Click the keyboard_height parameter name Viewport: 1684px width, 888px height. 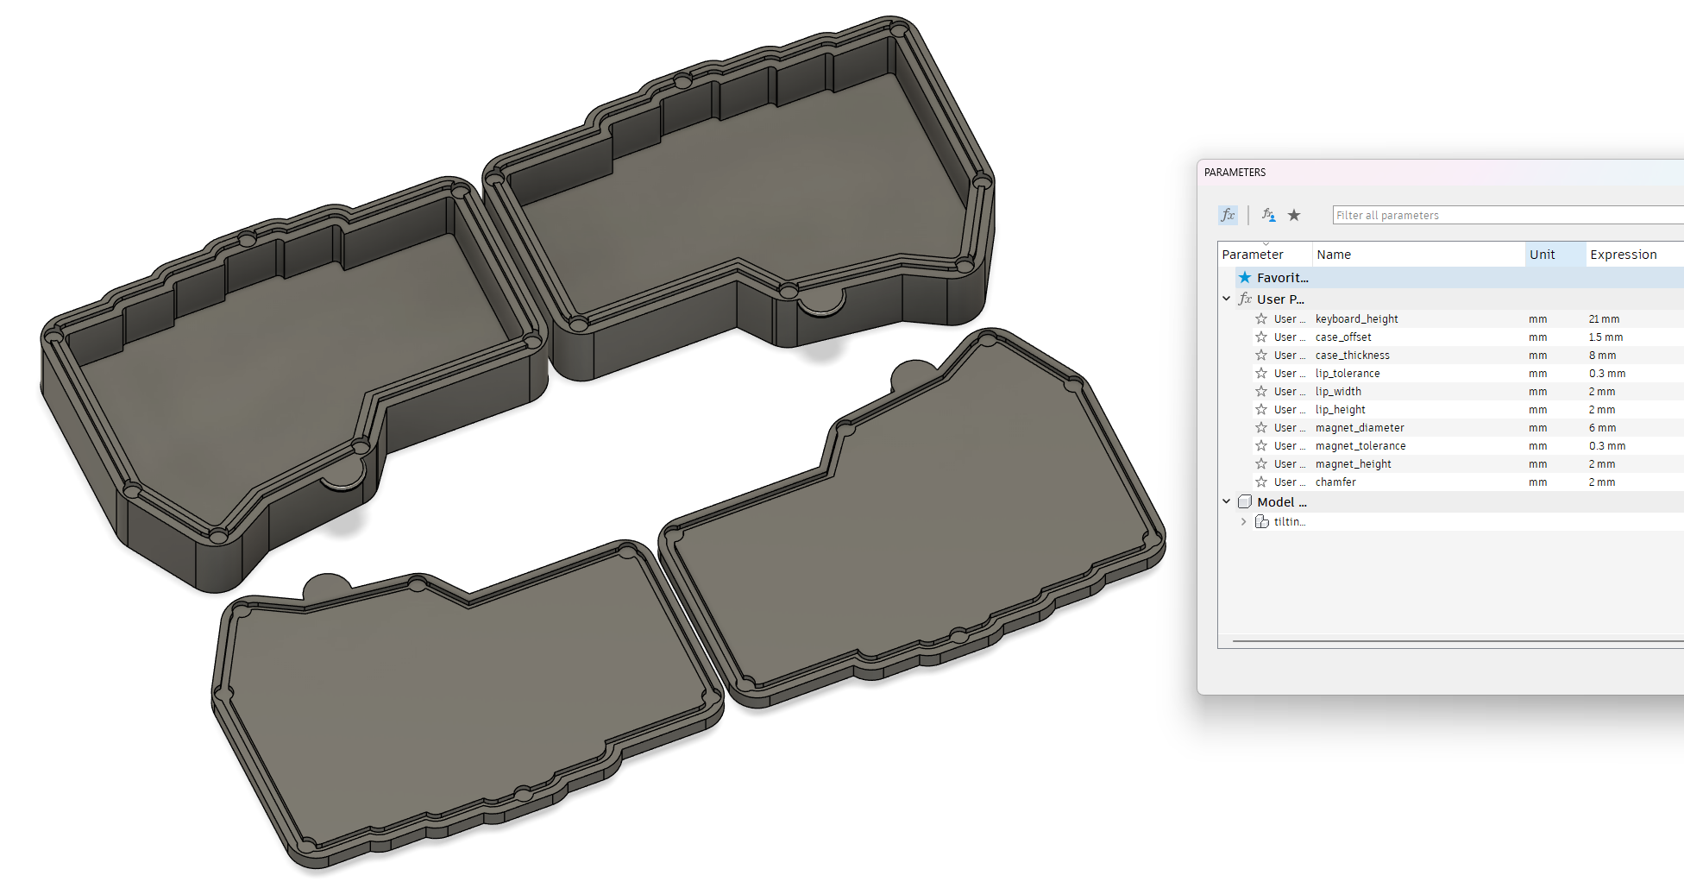pos(1356,319)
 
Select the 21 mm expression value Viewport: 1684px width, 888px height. pos(1604,319)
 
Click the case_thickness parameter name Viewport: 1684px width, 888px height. pos(1352,356)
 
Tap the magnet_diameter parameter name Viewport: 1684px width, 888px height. pos(1359,428)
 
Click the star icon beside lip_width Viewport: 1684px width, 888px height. pos(1261,392)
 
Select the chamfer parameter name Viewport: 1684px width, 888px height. pos(1335,482)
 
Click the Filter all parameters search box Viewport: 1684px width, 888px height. pos(1501,216)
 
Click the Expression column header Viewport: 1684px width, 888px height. pos(1623,255)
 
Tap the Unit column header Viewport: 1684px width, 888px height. pos(1542,255)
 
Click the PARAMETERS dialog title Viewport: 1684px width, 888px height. pos(1235,173)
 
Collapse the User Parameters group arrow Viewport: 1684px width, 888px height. pos(1226,299)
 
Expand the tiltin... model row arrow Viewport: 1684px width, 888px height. pos(1243,522)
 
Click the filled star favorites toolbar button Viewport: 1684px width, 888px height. pos(1294,216)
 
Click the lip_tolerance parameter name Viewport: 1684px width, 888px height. pos(1347,374)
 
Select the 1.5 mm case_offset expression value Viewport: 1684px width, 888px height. pos(1605,337)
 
